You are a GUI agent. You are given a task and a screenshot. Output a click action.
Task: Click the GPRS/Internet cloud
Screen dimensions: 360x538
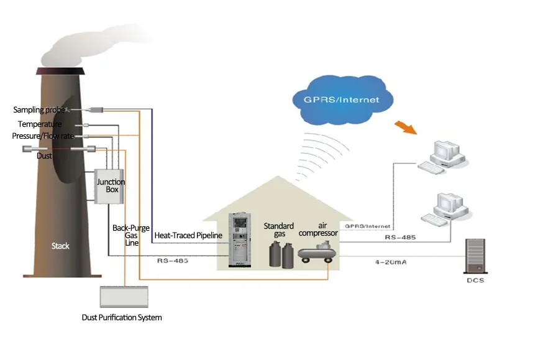(342, 99)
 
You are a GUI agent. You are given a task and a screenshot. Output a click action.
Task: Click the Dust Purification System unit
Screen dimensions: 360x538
(124, 297)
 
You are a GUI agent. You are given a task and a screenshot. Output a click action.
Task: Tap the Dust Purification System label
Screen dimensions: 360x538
(122, 318)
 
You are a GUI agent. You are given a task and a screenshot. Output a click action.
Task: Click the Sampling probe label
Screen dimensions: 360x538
(39, 110)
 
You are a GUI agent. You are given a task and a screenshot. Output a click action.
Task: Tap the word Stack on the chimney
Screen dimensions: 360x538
(60, 246)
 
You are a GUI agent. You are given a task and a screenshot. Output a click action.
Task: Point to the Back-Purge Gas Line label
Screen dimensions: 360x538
(125, 235)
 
